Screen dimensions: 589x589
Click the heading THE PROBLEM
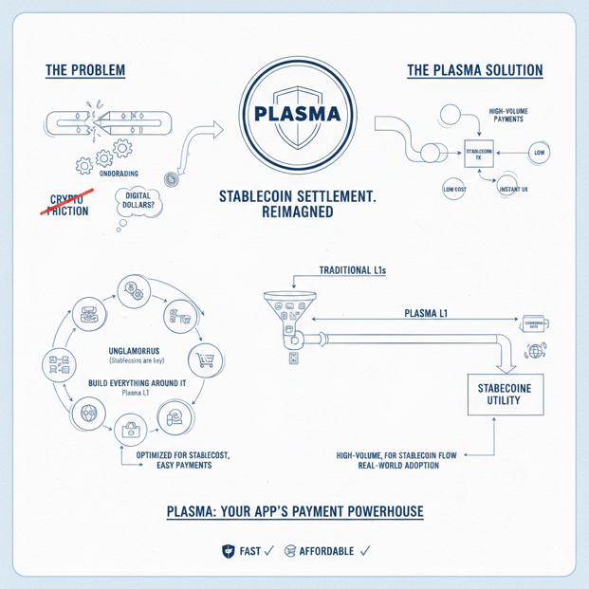pos(84,71)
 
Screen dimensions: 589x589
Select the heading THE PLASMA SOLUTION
pos(474,71)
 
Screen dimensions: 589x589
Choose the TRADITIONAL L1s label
pos(346,270)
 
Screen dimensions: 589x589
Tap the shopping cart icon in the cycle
pos(206,359)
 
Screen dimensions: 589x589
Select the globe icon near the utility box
pos(537,352)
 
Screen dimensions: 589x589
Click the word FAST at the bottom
pos(250,550)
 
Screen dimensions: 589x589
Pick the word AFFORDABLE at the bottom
pos(325,550)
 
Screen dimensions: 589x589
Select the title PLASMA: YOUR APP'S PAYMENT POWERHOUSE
pos(294,511)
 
